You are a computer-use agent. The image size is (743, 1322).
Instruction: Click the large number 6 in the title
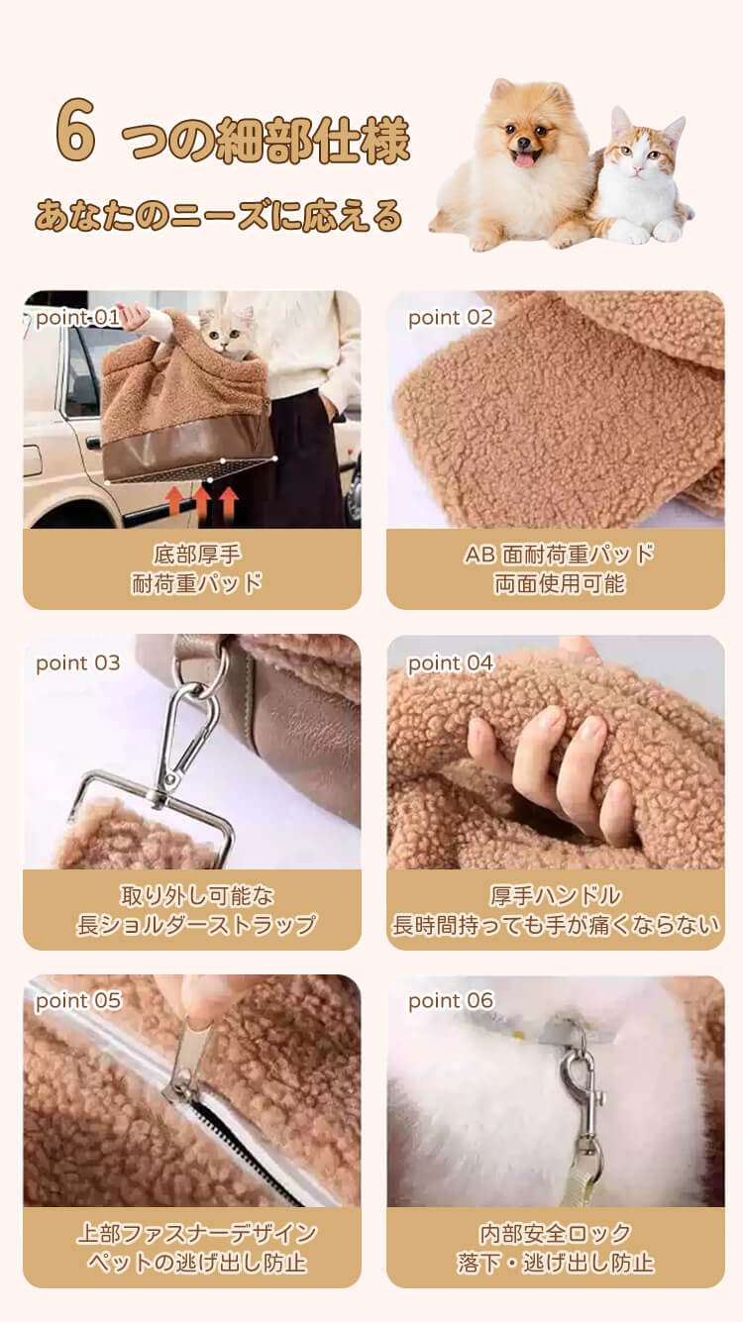75,130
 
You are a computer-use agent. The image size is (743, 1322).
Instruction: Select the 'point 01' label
77,318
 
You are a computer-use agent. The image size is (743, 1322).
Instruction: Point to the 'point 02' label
451,318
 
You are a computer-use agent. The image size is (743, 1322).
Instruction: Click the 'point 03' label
78,663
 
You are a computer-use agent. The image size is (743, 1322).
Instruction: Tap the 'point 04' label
450,663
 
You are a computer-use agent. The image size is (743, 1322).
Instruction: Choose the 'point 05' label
78,1001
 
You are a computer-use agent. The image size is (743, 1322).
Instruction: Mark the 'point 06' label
451,1001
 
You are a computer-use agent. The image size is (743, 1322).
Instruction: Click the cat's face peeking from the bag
223,333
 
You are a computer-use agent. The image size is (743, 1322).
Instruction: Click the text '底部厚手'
197,555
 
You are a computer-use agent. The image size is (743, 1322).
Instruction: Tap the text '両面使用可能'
560,583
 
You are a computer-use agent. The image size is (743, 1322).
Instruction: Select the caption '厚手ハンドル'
556,895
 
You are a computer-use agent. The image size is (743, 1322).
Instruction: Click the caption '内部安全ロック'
555,1234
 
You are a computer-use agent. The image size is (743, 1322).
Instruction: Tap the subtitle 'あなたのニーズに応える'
219,216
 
